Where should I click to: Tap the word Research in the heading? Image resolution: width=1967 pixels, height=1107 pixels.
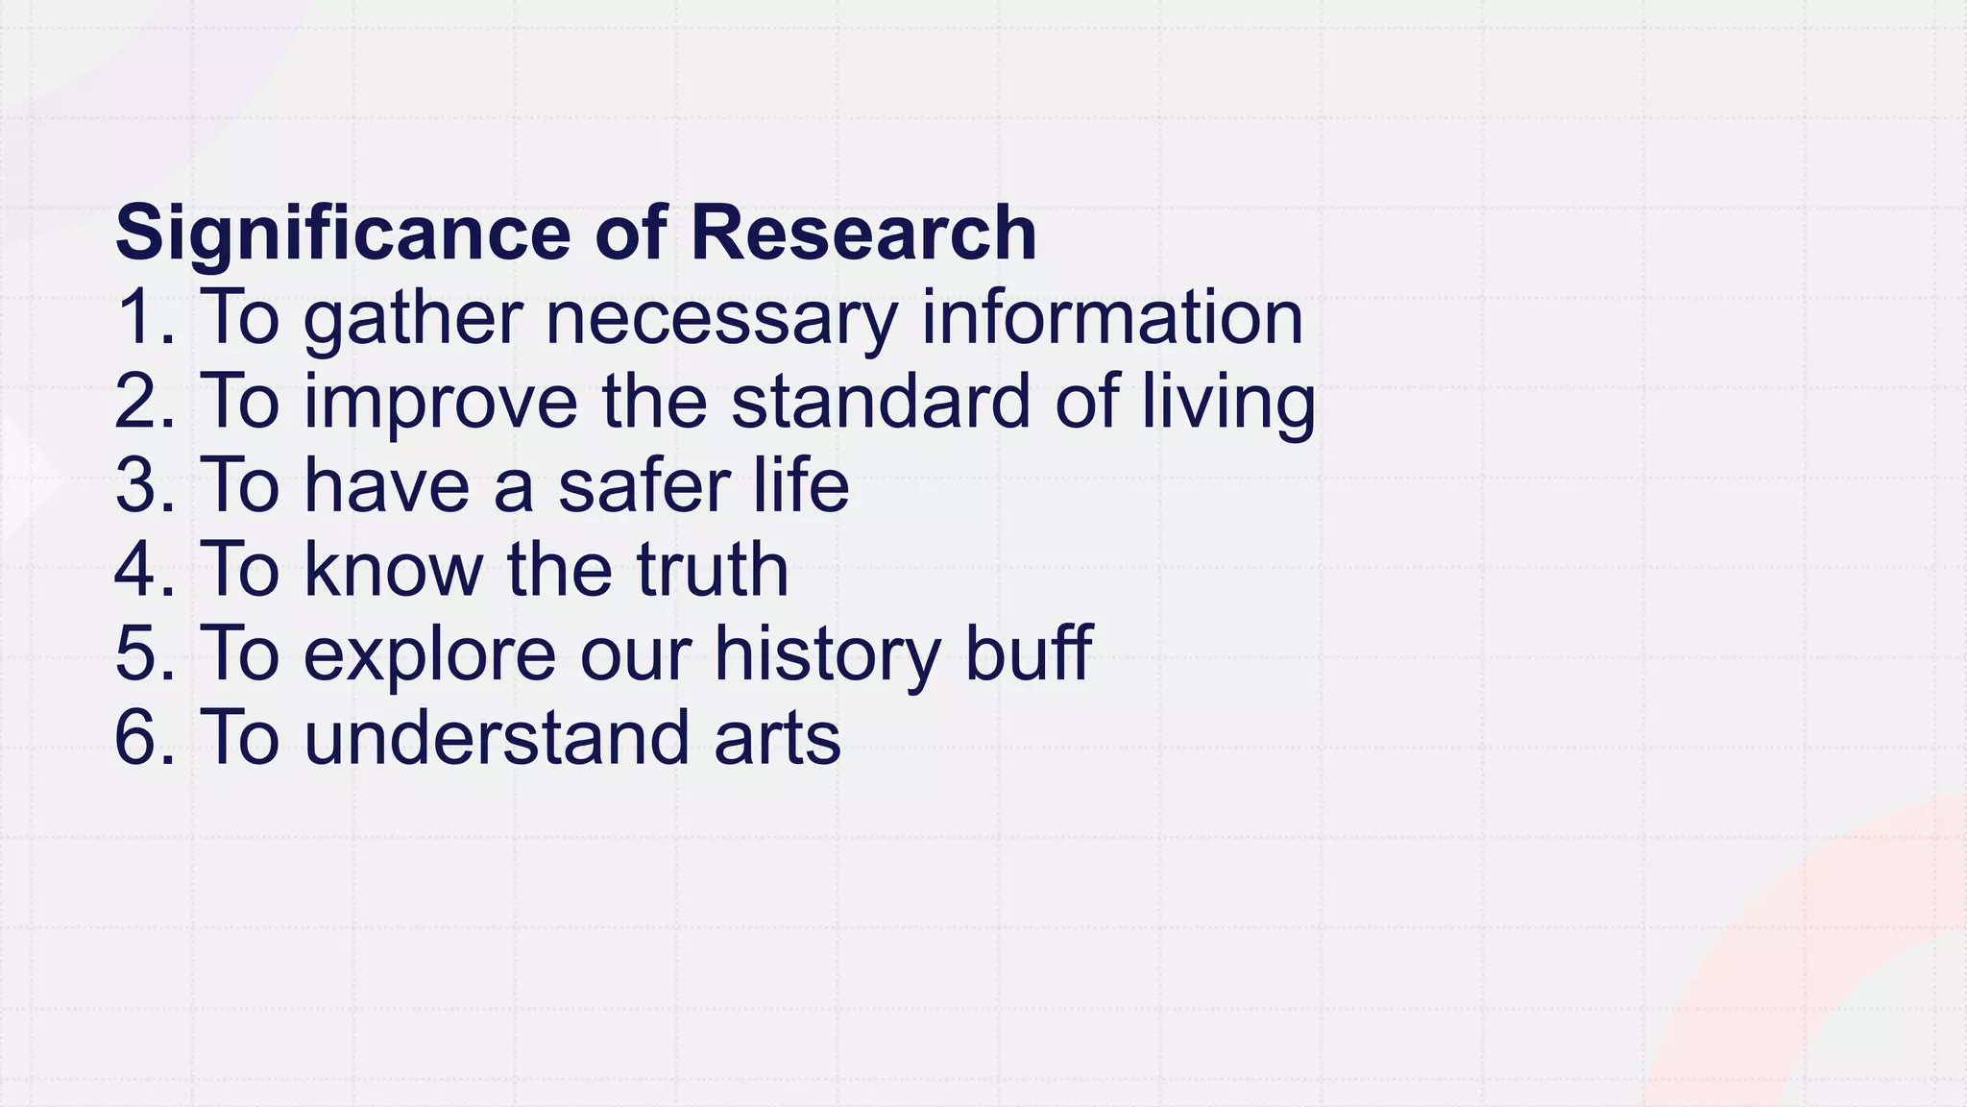tap(863, 233)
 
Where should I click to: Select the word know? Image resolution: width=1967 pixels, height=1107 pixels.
tap(394, 569)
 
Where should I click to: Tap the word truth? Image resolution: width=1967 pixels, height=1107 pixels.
tap(712, 569)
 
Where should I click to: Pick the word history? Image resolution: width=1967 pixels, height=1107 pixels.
tap(827, 653)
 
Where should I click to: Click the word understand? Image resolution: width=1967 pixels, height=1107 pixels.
tap(497, 737)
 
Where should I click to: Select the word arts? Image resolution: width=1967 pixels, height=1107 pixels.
tap(777, 737)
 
